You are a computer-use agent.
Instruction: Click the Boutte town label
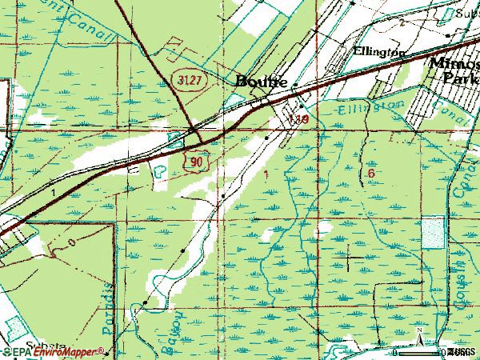click(263, 82)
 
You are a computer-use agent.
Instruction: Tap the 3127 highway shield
click(186, 79)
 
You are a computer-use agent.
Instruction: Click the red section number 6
click(371, 173)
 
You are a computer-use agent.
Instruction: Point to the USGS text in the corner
click(462, 352)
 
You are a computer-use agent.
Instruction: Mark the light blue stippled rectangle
click(433, 233)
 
